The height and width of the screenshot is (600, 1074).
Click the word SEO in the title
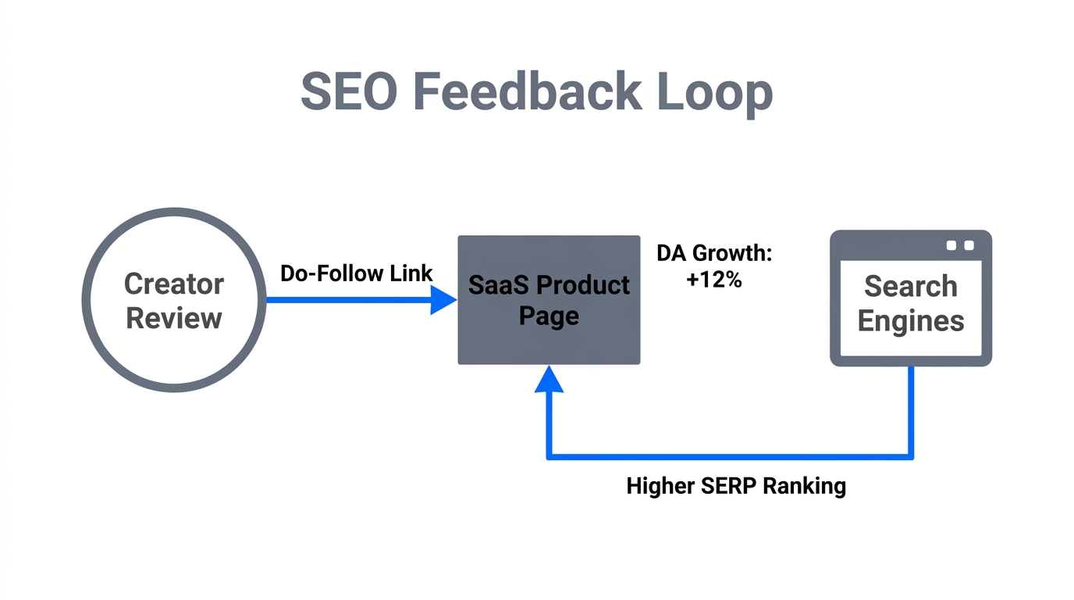[x=349, y=91]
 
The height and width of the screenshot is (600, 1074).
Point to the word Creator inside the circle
[x=173, y=284]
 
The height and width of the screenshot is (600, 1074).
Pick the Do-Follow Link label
[x=356, y=273]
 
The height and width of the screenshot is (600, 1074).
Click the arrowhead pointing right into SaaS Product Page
[x=443, y=299]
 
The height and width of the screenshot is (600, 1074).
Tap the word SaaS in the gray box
[x=497, y=285]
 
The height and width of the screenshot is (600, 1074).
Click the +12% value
[x=713, y=280]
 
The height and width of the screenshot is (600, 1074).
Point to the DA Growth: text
[x=713, y=254]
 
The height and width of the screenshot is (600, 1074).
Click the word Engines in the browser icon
[x=910, y=320]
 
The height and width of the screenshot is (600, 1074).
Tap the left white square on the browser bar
[x=951, y=245]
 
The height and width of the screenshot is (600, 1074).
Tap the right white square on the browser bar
[x=969, y=245]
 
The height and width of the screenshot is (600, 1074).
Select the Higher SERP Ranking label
[x=736, y=486]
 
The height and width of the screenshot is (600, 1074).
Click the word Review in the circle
[x=173, y=318]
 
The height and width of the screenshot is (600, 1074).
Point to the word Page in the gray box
[x=549, y=316]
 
